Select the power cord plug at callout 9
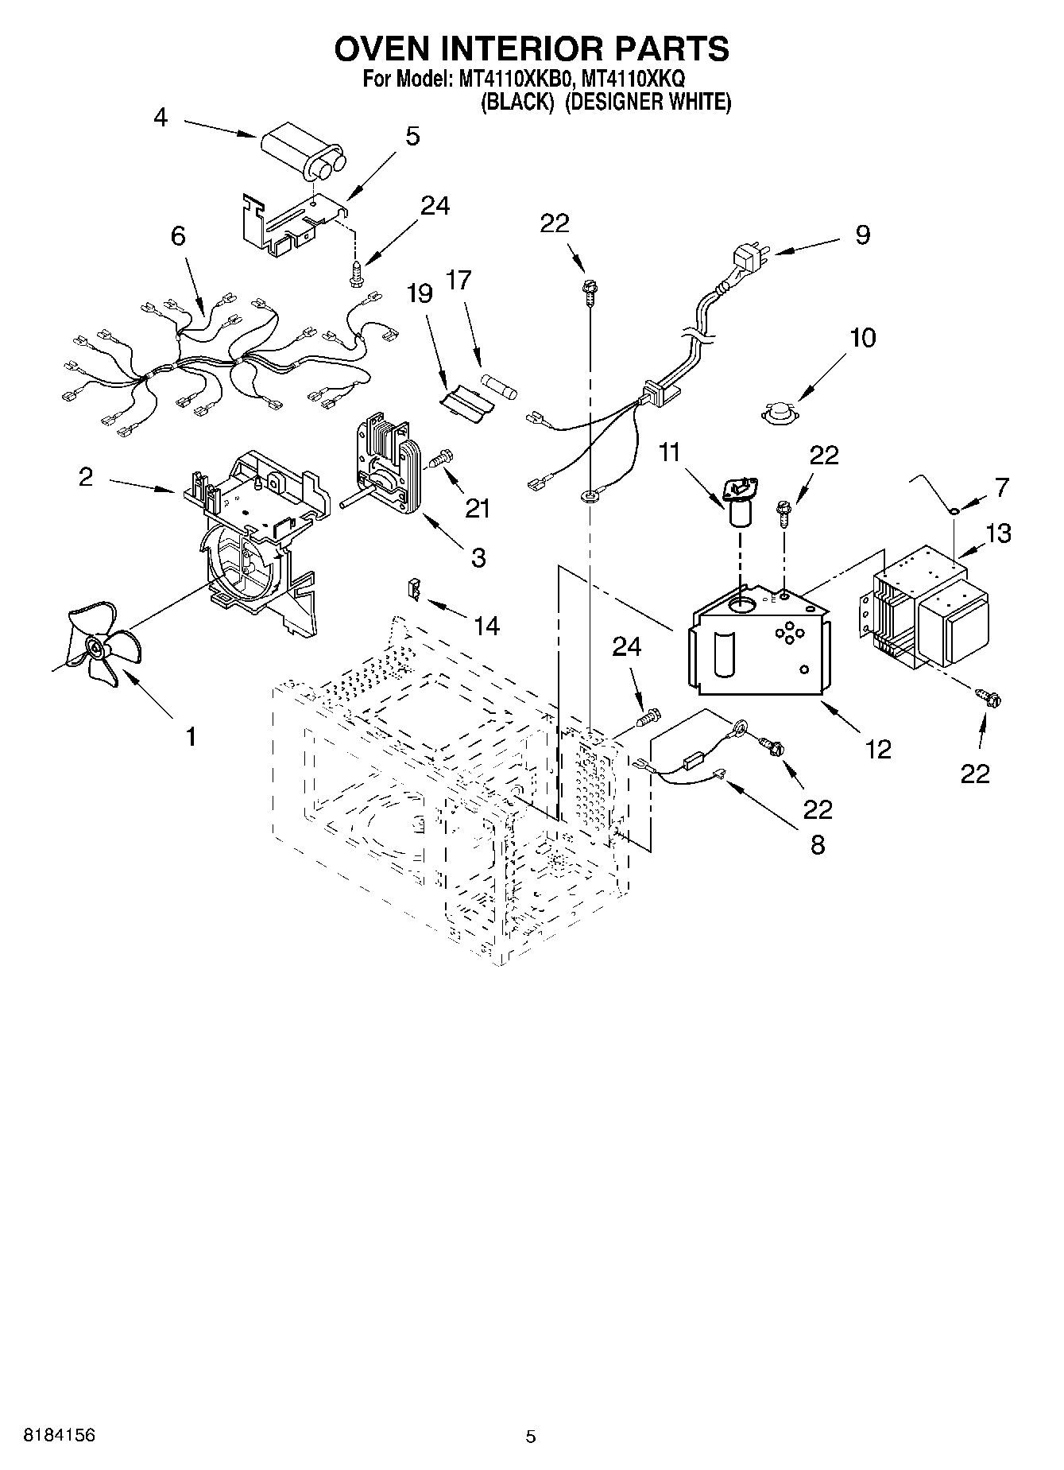748,259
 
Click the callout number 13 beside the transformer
998,533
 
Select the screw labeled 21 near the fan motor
439,459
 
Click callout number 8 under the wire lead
817,844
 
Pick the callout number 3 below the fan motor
478,557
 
